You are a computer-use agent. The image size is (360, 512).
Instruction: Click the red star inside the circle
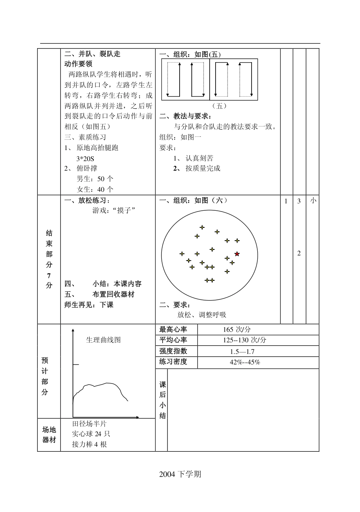coord(237,254)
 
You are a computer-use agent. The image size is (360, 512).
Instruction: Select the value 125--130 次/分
coord(244,340)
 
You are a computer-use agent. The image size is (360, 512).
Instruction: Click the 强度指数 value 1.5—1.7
coord(242,351)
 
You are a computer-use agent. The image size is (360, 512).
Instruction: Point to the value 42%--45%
coord(245,362)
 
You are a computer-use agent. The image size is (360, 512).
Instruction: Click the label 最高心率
coord(173,330)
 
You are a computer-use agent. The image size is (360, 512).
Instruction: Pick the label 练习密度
coord(173,362)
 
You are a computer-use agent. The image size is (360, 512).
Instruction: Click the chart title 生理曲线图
coord(103,340)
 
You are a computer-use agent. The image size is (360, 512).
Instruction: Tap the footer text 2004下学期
coord(180,474)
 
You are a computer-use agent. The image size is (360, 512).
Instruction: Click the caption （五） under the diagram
coord(219,106)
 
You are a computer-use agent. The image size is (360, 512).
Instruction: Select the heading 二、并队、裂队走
coord(92,54)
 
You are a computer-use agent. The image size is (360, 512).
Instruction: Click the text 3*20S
coord(85,158)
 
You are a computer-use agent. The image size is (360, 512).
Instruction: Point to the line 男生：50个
coord(95,179)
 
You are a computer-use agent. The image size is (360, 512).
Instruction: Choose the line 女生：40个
coord(95,189)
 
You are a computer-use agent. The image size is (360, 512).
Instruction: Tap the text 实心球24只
coord(91,434)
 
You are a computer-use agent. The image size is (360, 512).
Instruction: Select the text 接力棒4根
coord(89,444)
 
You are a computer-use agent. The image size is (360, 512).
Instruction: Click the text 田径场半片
coord(89,424)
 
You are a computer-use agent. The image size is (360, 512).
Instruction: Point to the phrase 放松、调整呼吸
coord(202,315)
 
